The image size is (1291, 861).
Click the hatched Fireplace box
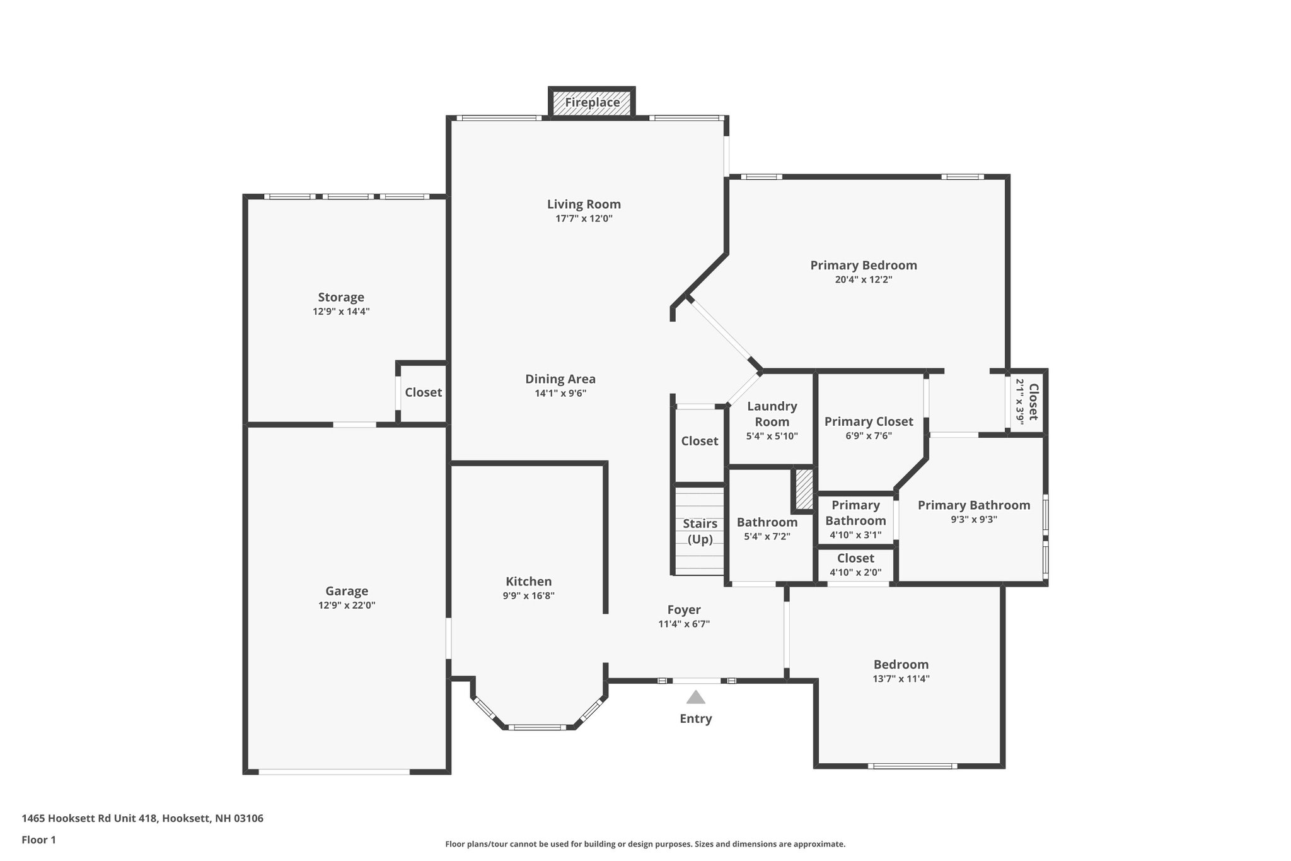point(592,103)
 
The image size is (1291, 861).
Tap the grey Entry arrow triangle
point(695,697)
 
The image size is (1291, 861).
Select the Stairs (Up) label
point(700,531)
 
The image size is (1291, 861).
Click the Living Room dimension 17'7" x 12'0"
point(584,219)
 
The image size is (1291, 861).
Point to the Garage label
point(347,591)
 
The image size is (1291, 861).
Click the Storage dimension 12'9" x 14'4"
point(341,312)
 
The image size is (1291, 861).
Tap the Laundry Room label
point(772,414)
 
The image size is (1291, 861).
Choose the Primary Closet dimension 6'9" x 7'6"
point(868,436)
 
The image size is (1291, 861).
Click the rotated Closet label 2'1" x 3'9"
point(1027,402)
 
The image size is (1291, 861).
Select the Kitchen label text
point(528,582)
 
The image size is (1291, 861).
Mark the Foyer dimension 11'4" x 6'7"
point(684,624)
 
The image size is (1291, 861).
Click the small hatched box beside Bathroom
point(804,489)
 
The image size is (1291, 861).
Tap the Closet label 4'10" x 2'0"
point(855,558)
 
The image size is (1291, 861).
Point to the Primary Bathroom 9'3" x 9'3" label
point(974,505)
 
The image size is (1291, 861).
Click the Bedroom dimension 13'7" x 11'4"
point(901,679)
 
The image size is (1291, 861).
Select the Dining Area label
point(560,379)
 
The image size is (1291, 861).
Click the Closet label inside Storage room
point(423,392)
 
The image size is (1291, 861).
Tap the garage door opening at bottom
point(334,771)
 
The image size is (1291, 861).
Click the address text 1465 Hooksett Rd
point(142,819)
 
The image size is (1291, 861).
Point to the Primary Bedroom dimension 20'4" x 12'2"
point(864,279)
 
